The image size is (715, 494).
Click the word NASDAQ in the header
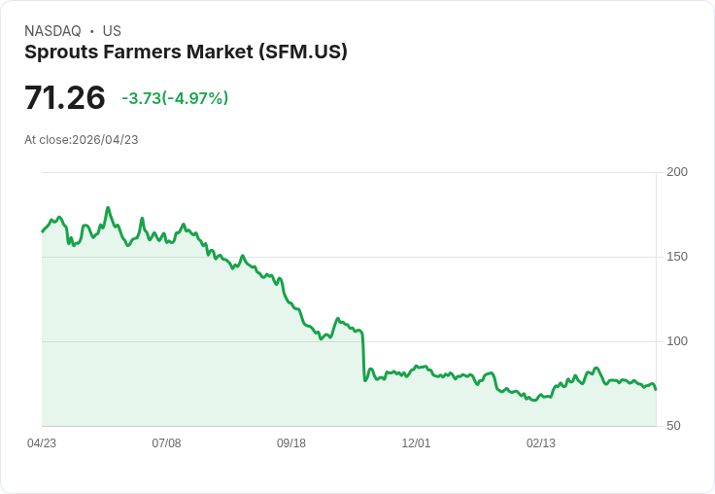(52, 31)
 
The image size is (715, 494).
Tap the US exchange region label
(112, 31)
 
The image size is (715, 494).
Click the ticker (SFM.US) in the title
(302, 52)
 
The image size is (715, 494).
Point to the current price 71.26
(64, 97)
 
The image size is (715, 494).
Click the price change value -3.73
(141, 98)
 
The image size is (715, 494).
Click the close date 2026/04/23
(105, 140)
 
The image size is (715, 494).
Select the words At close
(47, 140)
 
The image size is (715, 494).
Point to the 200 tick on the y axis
(677, 172)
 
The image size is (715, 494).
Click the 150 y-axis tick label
(677, 257)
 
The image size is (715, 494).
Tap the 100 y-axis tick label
(677, 341)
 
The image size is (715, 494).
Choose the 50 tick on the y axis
(673, 426)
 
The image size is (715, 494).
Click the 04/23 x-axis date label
(42, 443)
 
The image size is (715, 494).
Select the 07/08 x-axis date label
(166, 443)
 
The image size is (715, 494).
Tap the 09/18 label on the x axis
(291, 443)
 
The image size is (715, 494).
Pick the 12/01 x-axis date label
(416, 443)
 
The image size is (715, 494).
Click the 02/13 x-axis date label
(541, 443)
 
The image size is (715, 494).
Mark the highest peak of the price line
(108, 208)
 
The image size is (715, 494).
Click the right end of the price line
(656, 389)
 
